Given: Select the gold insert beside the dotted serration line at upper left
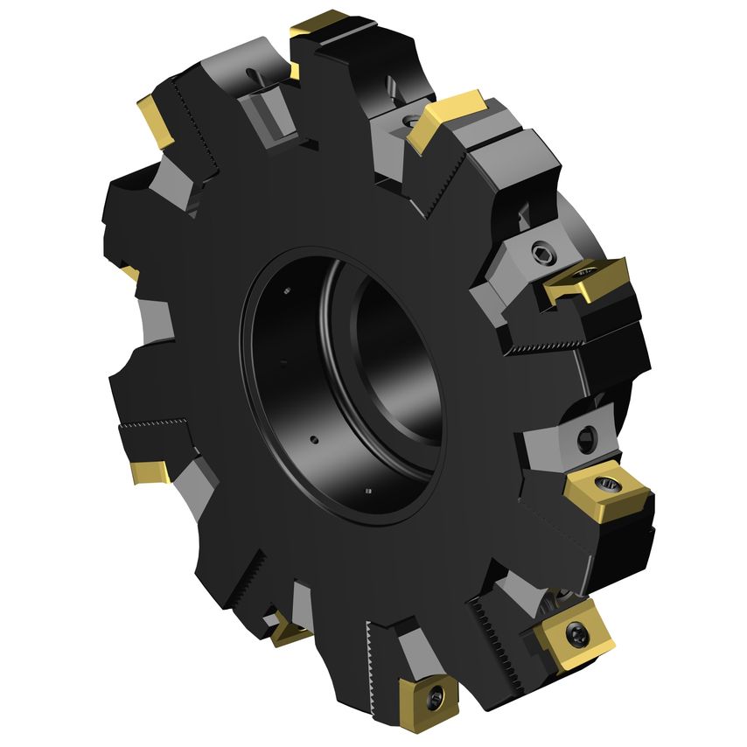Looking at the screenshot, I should click(157, 121).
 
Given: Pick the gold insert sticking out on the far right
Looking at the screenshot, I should click(589, 281).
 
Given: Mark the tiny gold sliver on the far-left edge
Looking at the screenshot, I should click(130, 275).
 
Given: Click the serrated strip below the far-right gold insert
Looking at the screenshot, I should click(542, 347).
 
